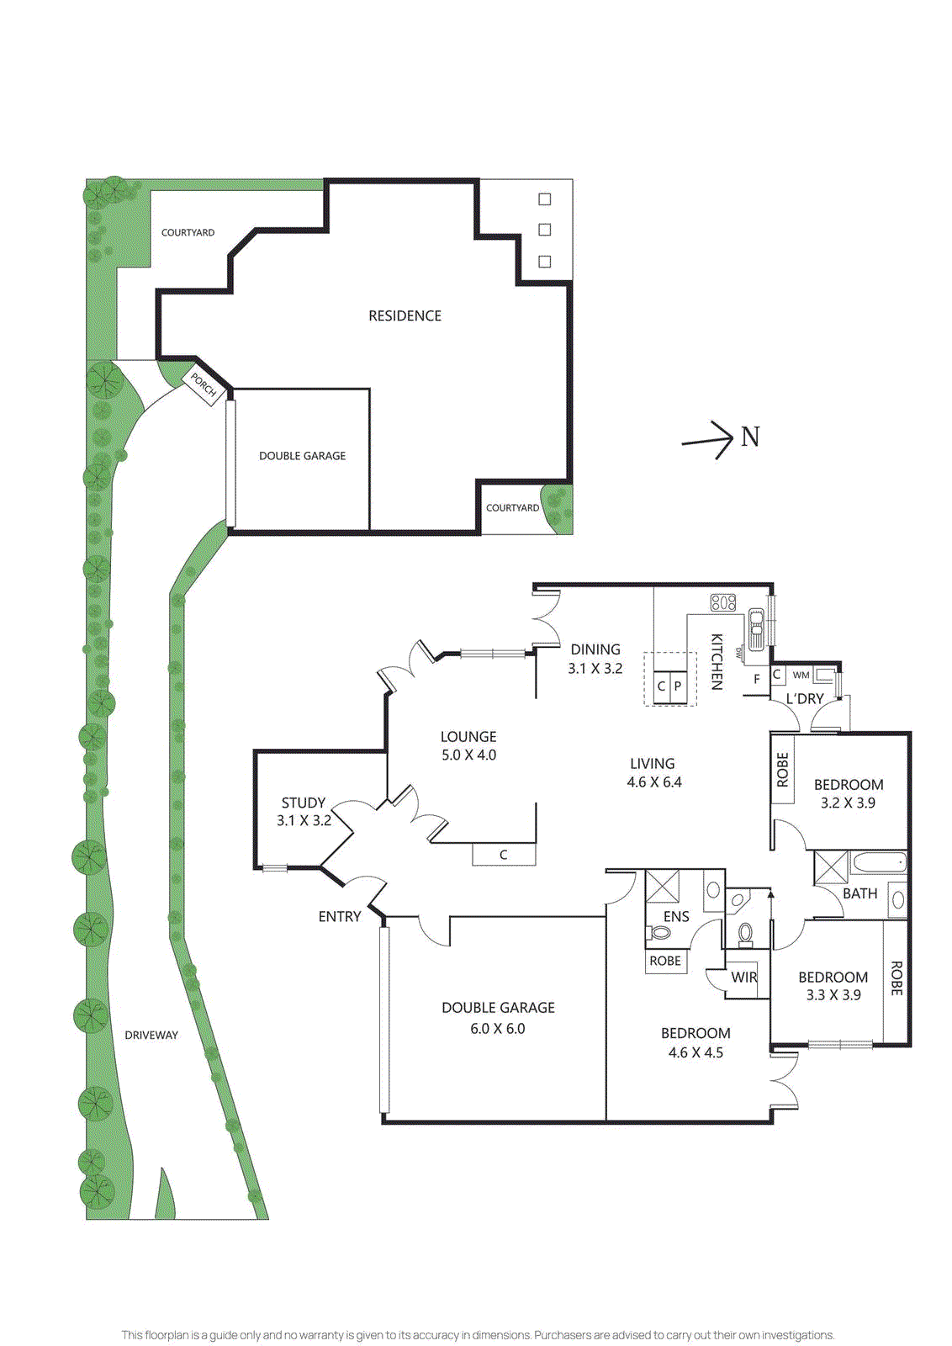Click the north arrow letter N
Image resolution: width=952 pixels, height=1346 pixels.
pyautogui.click(x=750, y=437)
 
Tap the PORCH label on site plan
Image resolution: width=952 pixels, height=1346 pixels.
pyautogui.click(x=204, y=384)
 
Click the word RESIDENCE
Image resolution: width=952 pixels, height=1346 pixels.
pyautogui.click(x=405, y=315)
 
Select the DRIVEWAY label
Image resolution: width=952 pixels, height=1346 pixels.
pyautogui.click(x=151, y=1036)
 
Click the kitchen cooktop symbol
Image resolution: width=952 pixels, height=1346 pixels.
pyautogui.click(x=723, y=602)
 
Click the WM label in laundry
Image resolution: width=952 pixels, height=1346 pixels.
pyautogui.click(x=801, y=675)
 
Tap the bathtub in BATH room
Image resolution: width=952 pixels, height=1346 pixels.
pyautogui.click(x=878, y=863)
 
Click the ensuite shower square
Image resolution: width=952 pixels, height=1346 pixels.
pyautogui.click(x=662, y=886)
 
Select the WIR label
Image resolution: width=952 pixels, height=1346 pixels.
pyautogui.click(x=744, y=978)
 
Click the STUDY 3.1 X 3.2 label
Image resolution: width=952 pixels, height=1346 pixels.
pyautogui.click(x=304, y=812)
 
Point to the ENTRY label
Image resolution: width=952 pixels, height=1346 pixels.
pyautogui.click(x=340, y=917)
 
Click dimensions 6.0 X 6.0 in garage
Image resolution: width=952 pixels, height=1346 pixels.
pyautogui.click(x=498, y=1029)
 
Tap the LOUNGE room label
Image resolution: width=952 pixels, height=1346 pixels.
pyautogui.click(x=468, y=737)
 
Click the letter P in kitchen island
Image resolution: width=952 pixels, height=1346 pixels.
pyautogui.click(x=678, y=686)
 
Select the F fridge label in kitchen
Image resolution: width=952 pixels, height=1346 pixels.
pyautogui.click(x=757, y=679)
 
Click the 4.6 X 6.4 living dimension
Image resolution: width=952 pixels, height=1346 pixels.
pyautogui.click(x=653, y=782)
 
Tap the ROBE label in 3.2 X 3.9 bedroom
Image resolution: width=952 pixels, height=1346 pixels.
pyautogui.click(x=783, y=770)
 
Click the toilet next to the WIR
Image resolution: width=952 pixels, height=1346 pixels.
pyautogui.click(x=745, y=933)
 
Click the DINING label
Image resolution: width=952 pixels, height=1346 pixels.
pyautogui.click(x=595, y=649)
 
